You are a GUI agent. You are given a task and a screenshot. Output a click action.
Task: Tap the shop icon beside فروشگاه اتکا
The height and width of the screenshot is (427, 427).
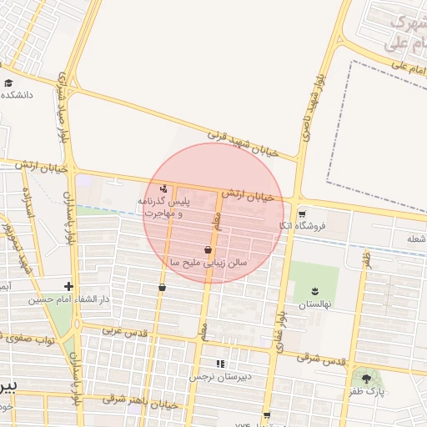pos(302,213)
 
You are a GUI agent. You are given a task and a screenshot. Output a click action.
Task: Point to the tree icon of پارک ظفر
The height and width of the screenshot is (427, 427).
pos(366,379)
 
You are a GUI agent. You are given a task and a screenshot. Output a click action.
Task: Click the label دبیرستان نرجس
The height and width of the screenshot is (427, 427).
pos(247,377)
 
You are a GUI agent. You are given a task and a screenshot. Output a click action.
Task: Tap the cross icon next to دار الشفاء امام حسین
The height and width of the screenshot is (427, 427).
pos(69,286)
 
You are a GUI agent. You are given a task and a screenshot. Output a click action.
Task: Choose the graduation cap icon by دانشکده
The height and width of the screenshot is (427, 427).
pos(8,83)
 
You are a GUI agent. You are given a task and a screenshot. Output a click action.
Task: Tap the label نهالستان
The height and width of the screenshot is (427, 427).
pos(314,304)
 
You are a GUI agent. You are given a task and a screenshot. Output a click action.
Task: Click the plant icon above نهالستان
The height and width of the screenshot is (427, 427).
pos(314,290)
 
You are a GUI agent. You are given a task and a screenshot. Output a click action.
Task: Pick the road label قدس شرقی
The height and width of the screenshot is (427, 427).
pos(320,360)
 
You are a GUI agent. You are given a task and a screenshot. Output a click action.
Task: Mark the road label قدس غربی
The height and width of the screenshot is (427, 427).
pos(125,331)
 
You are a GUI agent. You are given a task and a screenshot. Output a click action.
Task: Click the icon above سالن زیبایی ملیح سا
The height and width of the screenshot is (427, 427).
pos(208,249)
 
